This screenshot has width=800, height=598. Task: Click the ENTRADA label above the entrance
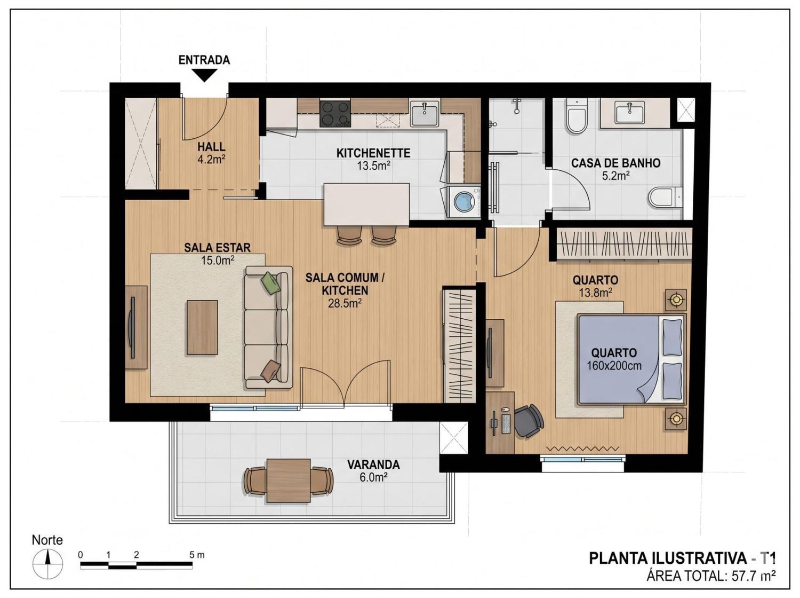204,60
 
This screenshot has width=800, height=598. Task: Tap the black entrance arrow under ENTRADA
204,75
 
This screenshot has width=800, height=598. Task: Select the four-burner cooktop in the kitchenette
335,114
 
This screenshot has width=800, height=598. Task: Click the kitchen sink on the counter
425,114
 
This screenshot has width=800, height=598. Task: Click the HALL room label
211,147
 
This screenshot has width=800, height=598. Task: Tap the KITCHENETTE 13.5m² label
373,159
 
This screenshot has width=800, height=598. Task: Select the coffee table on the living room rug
202,327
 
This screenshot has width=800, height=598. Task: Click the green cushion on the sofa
271,283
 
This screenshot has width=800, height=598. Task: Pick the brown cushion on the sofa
270,371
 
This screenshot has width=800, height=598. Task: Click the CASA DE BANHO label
615,163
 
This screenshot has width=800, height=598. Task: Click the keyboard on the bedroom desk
506,424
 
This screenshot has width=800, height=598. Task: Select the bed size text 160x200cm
614,366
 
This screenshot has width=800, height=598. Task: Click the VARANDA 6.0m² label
373,471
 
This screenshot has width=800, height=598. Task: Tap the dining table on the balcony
289,481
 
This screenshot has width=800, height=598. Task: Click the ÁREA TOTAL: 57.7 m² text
711,576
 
